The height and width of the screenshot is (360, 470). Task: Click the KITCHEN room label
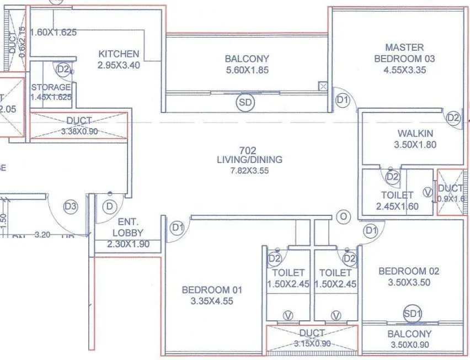click(119, 54)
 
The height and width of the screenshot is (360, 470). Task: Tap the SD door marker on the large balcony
click(245, 103)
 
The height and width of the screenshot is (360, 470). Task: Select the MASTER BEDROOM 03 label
click(404, 53)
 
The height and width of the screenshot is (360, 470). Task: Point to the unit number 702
click(248, 150)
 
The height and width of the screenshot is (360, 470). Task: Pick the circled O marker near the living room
click(343, 217)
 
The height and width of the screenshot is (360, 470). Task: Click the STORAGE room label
click(51, 87)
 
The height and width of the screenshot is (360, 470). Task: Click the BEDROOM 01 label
click(212, 290)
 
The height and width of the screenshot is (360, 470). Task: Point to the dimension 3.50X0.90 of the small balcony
click(409, 345)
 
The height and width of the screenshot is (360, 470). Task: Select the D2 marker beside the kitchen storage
click(63, 70)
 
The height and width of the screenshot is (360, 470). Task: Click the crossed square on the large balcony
click(323, 86)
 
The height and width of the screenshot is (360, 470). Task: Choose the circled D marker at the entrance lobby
click(111, 207)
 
